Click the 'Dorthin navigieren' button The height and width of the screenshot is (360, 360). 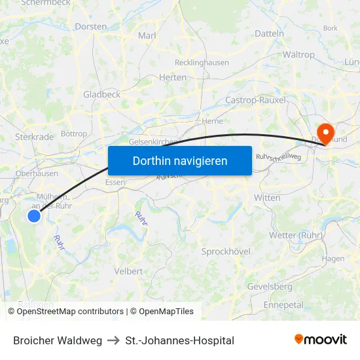tap(179, 160)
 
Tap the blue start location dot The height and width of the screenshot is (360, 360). tap(35, 215)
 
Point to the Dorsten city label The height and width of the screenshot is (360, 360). tap(91, 27)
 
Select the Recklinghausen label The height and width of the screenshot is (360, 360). tap(202, 63)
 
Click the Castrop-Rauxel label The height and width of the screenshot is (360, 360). tap(251, 99)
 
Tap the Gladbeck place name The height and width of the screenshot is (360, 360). tap(101, 94)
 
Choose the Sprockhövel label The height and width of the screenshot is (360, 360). tap(226, 251)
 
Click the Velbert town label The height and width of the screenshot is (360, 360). tap(128, 271)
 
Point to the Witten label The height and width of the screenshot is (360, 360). tap(267, 198)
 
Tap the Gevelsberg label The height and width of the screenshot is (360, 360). tap(270, 287)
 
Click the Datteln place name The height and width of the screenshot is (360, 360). tap(269, 33)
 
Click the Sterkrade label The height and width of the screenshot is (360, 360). tap(35, 137)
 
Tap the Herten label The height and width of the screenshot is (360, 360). tap(173, 77)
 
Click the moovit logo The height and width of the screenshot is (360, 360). tap(320, 340)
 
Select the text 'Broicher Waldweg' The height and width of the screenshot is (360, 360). tap(58, 340)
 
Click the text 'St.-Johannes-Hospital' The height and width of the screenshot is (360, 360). tap(179, 340)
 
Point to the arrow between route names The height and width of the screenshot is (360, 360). tap(113, 340)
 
